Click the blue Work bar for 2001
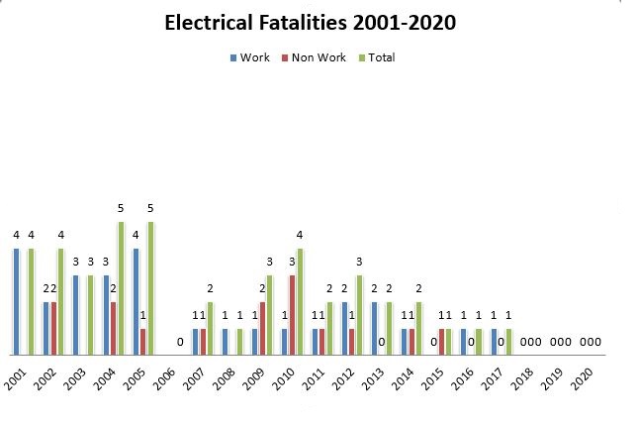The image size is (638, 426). tap(17, 301)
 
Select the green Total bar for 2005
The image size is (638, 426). tap(150, 288)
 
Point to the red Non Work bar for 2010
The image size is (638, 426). tap(293, 314)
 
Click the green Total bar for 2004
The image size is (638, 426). tap(121, 288)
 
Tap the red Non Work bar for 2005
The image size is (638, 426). tap(142, 341)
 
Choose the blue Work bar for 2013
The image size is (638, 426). tap(375, 328)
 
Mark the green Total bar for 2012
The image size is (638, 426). tap(360, 314)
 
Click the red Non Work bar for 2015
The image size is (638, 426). tap(440, 341)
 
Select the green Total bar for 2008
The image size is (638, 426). tap(240, 341)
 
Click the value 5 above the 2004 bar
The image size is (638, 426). tap(121, 209)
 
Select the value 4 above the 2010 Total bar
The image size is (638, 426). tap(300, 236)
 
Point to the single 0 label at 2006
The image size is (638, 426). tap(180, 342)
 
